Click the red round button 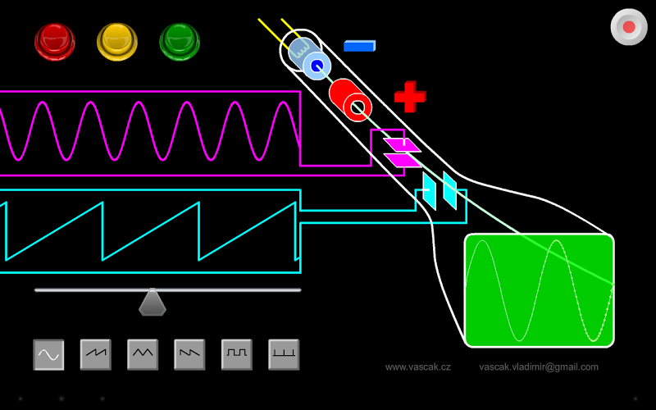tap(55, 40)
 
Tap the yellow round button tap(117, 40)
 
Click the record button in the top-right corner tap(629, 27)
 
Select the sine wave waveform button tap(48, 354)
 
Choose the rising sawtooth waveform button tap(95, 354)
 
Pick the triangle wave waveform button tap(143, 354)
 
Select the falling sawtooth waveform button tap(189, 354)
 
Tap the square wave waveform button tap(237, 354)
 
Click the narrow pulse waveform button tap(284, 354)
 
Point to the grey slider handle tap(153, 303)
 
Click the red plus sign tap(410, 97)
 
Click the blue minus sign tap(359, 46)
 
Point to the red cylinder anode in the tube tap(351, 101)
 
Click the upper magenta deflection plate tap(402, 145)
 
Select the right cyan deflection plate tap(449, 189)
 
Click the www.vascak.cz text tap(417, 367)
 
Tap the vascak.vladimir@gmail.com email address tap(539, 367)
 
